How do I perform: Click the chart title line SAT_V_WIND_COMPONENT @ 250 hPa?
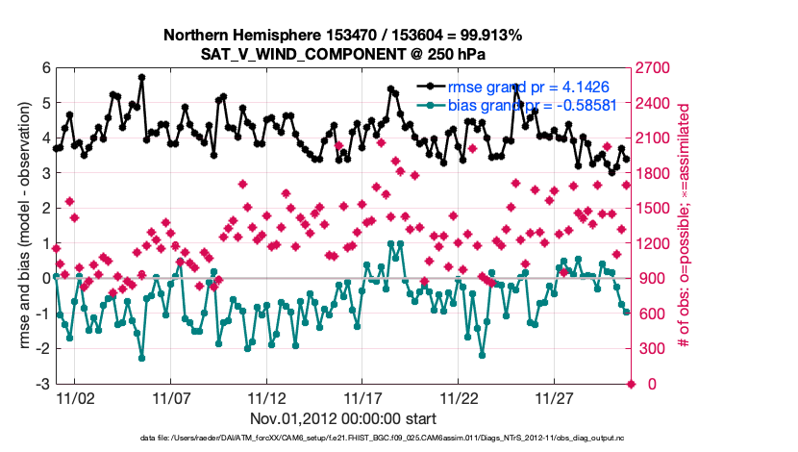[342, 55]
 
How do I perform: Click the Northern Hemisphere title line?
[342, 36]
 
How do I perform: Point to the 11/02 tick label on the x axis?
[75, 397]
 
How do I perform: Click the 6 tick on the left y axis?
[45, 68]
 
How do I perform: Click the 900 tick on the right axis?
[653, 279]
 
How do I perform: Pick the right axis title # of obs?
[686, 227]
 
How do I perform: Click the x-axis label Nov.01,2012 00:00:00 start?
[342, 418]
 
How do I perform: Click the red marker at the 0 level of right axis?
[632, 385]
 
